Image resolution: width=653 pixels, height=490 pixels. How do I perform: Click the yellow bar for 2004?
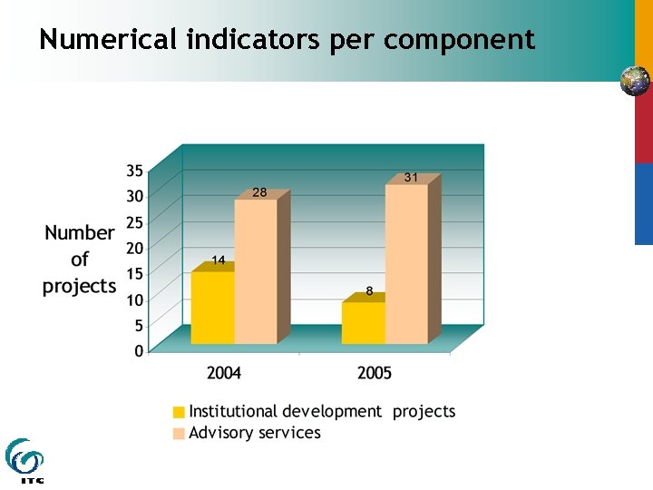pyautogui.click(x=212, y=308)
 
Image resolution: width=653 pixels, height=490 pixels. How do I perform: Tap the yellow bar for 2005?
pyautogui.click(x=363, y=323)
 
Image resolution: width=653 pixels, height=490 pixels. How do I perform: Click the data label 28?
pyautogui.click(x=259, y=192)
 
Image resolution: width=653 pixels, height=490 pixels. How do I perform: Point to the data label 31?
pyautogui.click(x=411, y=177)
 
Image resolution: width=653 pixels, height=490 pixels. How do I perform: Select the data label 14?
pyautogui.click(x=219, y=260)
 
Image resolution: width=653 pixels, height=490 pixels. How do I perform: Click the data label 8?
pyautogui.click(x=369, y=291)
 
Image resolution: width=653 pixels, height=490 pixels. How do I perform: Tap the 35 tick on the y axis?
pyautogui.click(x=134, y=170)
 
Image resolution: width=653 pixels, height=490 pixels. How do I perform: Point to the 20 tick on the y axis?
pyautogui.click(x=134, y=248)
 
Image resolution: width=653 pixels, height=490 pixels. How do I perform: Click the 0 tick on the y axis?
pyautogui.click(x=139, y=351)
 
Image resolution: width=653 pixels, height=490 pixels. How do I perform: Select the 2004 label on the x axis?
pyautogui.click(x=224, y=373)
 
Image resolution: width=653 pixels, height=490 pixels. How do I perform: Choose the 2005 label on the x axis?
pyautogui.click(x=375, y=373)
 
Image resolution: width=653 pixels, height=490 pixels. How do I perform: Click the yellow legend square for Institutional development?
pyautogui.click(x=180, y=412)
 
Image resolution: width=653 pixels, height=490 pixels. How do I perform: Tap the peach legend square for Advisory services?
pyautogui.click(x=180, y=433)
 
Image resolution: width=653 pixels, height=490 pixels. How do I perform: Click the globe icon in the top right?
pyautogui.click(x=635, y=81)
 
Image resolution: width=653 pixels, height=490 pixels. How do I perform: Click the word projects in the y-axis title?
pyautogui.click(x=80, y=287)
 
